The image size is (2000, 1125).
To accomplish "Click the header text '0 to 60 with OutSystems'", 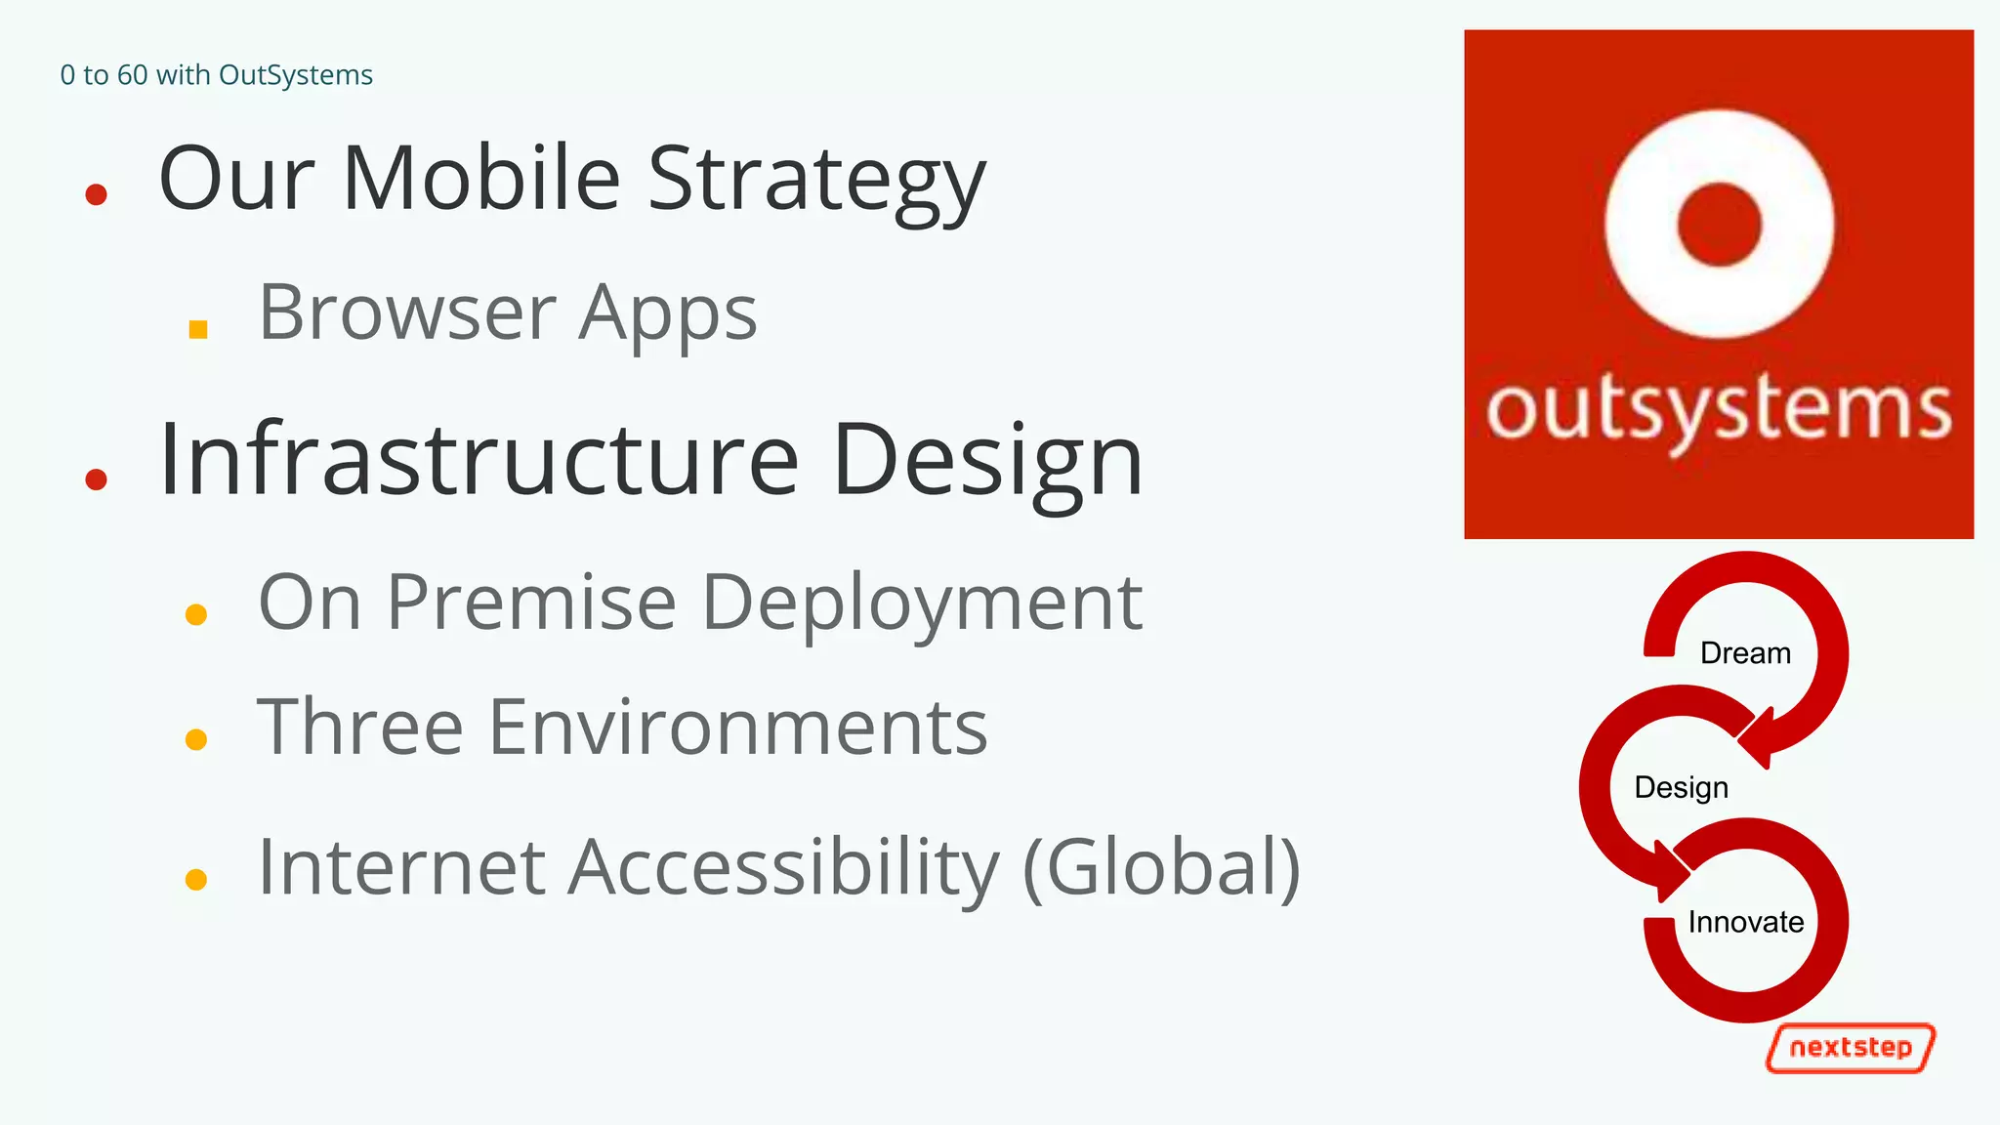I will pos(216,75).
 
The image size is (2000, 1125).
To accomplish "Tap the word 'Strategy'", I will pos(816,183).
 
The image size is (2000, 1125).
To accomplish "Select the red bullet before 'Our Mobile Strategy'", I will pos(96,195).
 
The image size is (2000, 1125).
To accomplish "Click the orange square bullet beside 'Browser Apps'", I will pos(198,329).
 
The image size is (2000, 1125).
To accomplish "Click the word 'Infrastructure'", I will pos(479,460).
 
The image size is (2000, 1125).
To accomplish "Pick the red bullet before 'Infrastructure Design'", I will pos(96,479).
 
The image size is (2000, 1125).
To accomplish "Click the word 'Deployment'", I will pos(922,605).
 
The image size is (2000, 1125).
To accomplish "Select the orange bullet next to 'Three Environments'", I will pos(196,739).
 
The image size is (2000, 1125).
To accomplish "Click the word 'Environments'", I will pos(737,728).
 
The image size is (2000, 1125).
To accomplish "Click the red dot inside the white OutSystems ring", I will pos(1719,224).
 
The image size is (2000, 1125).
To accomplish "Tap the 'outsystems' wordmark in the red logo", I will pos(1719,410).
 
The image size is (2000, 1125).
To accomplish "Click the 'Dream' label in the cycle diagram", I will pos(1745,652).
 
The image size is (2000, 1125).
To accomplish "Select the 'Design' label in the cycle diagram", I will pos(1681,787).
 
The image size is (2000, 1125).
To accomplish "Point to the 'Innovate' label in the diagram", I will pos(1745,922).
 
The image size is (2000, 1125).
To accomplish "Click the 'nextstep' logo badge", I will pos(1851,1048).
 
